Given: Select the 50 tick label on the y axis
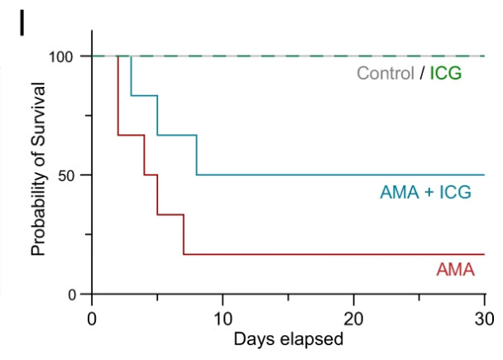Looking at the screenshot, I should click(65, 175).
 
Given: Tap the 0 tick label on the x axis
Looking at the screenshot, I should click(92, 319).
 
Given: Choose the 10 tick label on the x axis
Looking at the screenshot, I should click(223, 319).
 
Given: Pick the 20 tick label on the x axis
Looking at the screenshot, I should click(354, 319).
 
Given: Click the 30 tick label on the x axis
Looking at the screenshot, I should click(485, 319).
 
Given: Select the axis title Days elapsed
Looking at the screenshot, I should click(287, 339).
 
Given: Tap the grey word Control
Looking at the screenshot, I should click(385, 74).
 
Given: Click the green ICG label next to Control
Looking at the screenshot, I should click(445, 74).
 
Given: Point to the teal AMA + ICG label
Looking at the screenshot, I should click(425, 193).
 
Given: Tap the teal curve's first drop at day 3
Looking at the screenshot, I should click(132, 76).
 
